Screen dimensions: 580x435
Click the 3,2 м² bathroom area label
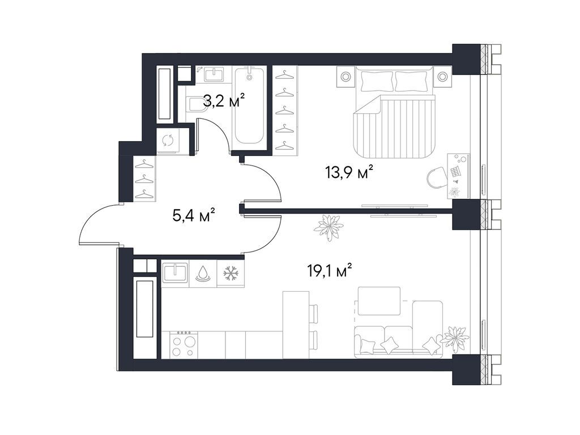(224, 101)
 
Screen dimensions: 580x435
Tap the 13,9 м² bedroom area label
(349, 172)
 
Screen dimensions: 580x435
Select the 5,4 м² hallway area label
(194, 215)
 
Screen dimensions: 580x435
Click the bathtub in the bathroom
(250, 106)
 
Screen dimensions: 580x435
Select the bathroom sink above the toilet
(214, 74)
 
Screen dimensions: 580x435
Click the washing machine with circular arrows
(168, 140)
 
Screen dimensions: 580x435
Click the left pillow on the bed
(377, 82)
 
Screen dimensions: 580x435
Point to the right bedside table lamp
(442, 76)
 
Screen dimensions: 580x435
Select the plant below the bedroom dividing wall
(329, 228)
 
